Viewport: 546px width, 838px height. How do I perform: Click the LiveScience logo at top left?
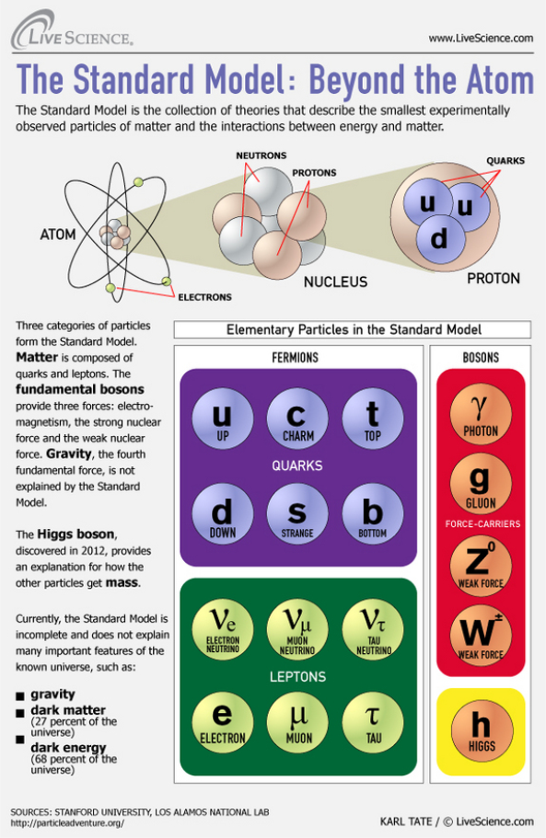point(72,32)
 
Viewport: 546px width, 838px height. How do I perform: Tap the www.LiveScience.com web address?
point(481,38)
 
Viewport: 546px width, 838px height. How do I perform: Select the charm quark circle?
point(297,418)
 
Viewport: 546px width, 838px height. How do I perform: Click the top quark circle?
point(373,418)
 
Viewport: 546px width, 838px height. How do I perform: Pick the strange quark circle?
point(297,514)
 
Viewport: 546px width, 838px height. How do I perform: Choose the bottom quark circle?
point(373,514)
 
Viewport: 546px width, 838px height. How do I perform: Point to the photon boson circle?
point(481,414)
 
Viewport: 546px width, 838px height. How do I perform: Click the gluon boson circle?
point(481,484)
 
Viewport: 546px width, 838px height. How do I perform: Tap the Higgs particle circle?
point(482,730)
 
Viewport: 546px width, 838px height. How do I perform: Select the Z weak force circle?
point(481,566)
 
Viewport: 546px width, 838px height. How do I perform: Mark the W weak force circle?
point(481,636)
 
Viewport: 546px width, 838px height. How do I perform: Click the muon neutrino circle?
point(297,629)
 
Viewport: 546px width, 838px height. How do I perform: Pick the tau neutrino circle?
point(373,629)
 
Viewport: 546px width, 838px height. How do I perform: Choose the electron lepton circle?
point(223,723)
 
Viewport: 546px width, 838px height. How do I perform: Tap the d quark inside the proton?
point(439,238)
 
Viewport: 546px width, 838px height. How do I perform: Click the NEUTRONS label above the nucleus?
point(261,155)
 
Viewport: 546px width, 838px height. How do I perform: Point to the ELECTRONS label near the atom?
point(204,297)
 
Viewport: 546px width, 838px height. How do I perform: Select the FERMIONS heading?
point(296,358)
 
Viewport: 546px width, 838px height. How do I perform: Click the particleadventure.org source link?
point(67,823)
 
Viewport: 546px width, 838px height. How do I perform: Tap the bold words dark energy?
point(68,747)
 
